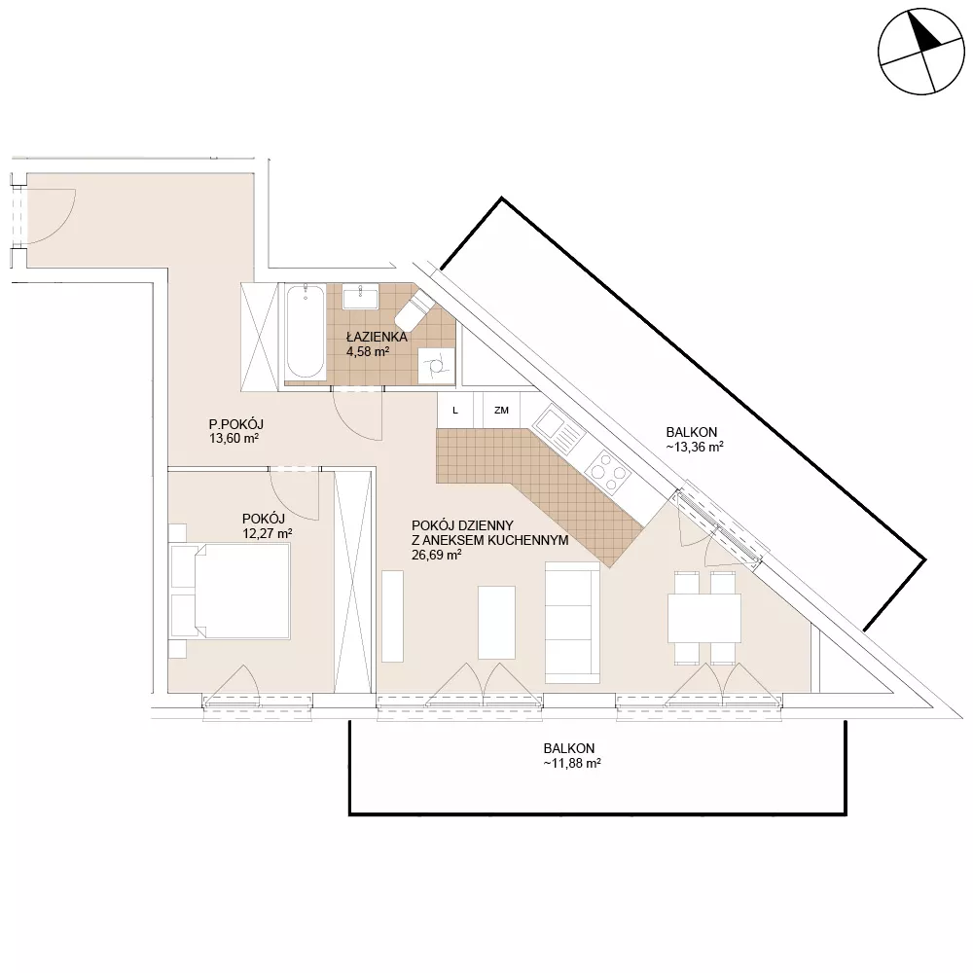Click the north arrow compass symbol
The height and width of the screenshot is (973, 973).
point(921,52)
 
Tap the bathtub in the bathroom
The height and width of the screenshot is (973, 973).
point(306,332)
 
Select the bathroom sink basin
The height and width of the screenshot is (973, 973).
point(360,297)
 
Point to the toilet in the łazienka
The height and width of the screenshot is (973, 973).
point(414,309)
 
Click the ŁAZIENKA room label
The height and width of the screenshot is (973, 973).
point(377,337)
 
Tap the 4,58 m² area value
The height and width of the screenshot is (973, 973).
point(368,352)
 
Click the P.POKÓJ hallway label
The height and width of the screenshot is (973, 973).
point(235,424)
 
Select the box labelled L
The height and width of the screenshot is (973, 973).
point(455,411)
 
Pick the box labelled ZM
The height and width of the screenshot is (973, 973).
point(501,411)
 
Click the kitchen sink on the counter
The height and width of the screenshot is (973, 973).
point(559,429)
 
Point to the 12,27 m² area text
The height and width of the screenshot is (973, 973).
point(267,533)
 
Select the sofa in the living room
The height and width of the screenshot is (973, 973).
point(572,622)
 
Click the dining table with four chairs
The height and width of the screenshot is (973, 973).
point(704,618)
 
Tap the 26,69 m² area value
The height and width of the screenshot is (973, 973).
point(436,556)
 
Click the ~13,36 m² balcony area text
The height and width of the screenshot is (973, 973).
point(695,447)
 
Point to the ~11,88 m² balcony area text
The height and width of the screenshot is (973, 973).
point(572,763)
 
